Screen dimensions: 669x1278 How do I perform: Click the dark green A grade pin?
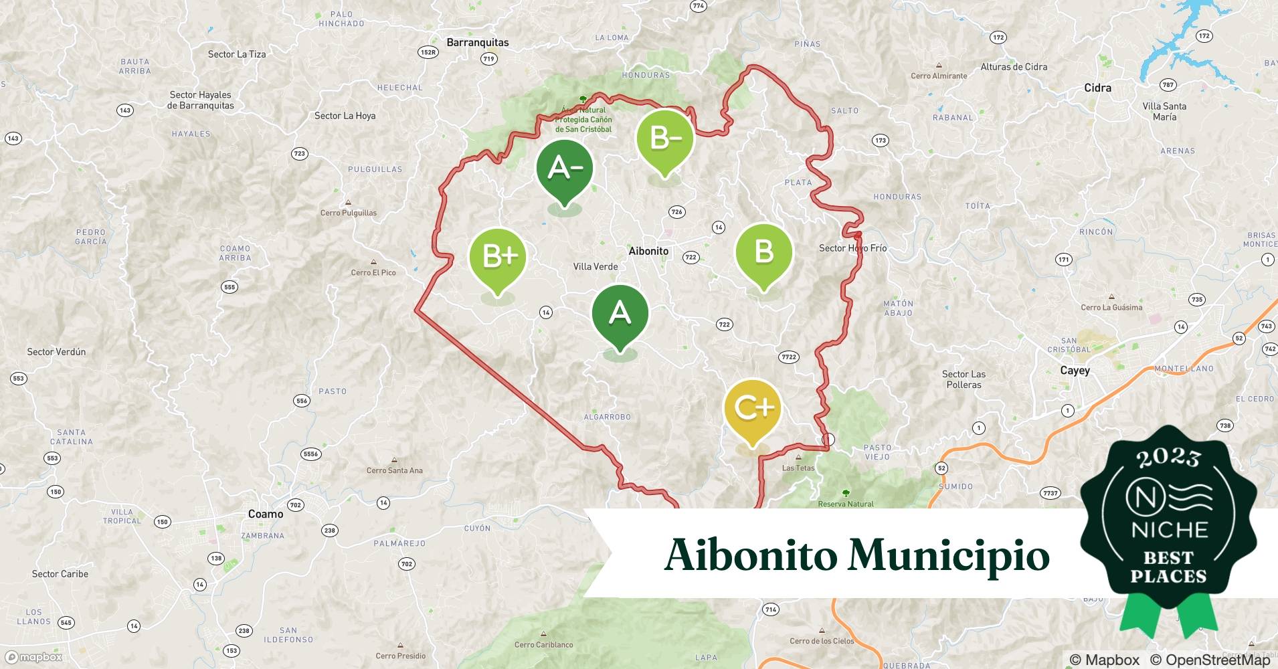(x=620, y=314)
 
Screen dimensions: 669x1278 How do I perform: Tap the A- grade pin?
(x=565, y=168)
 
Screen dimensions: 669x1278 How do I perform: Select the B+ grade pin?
(x=498, y=256)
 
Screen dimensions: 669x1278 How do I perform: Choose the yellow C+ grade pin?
(x=753, y=407)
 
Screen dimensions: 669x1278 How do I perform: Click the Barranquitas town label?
(x=477, y=43)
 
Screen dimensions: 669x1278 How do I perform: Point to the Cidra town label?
(x=1097, y=88)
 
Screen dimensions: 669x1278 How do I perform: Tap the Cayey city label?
(x=1075, y=371)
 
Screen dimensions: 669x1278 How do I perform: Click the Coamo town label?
(x=266, y=514)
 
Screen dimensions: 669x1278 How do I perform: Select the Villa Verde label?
(x=596, y=266)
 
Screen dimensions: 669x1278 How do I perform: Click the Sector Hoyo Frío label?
(x=852, y=248)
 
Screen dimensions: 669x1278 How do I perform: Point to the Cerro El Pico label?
(x=373, y=272)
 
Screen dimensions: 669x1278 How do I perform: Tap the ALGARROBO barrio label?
(x=607, y=417)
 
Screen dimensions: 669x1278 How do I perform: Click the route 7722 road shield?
(x=789, y=357)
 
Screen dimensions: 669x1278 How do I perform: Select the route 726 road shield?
(x=676, y=212)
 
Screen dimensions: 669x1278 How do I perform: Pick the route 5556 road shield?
(x=310, y=454)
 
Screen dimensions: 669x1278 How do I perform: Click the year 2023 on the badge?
(x=1168, y=458)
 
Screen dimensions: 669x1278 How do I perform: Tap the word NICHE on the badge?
(x=1169, y=530)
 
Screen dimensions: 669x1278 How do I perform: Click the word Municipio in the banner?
(x=949, y=555)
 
